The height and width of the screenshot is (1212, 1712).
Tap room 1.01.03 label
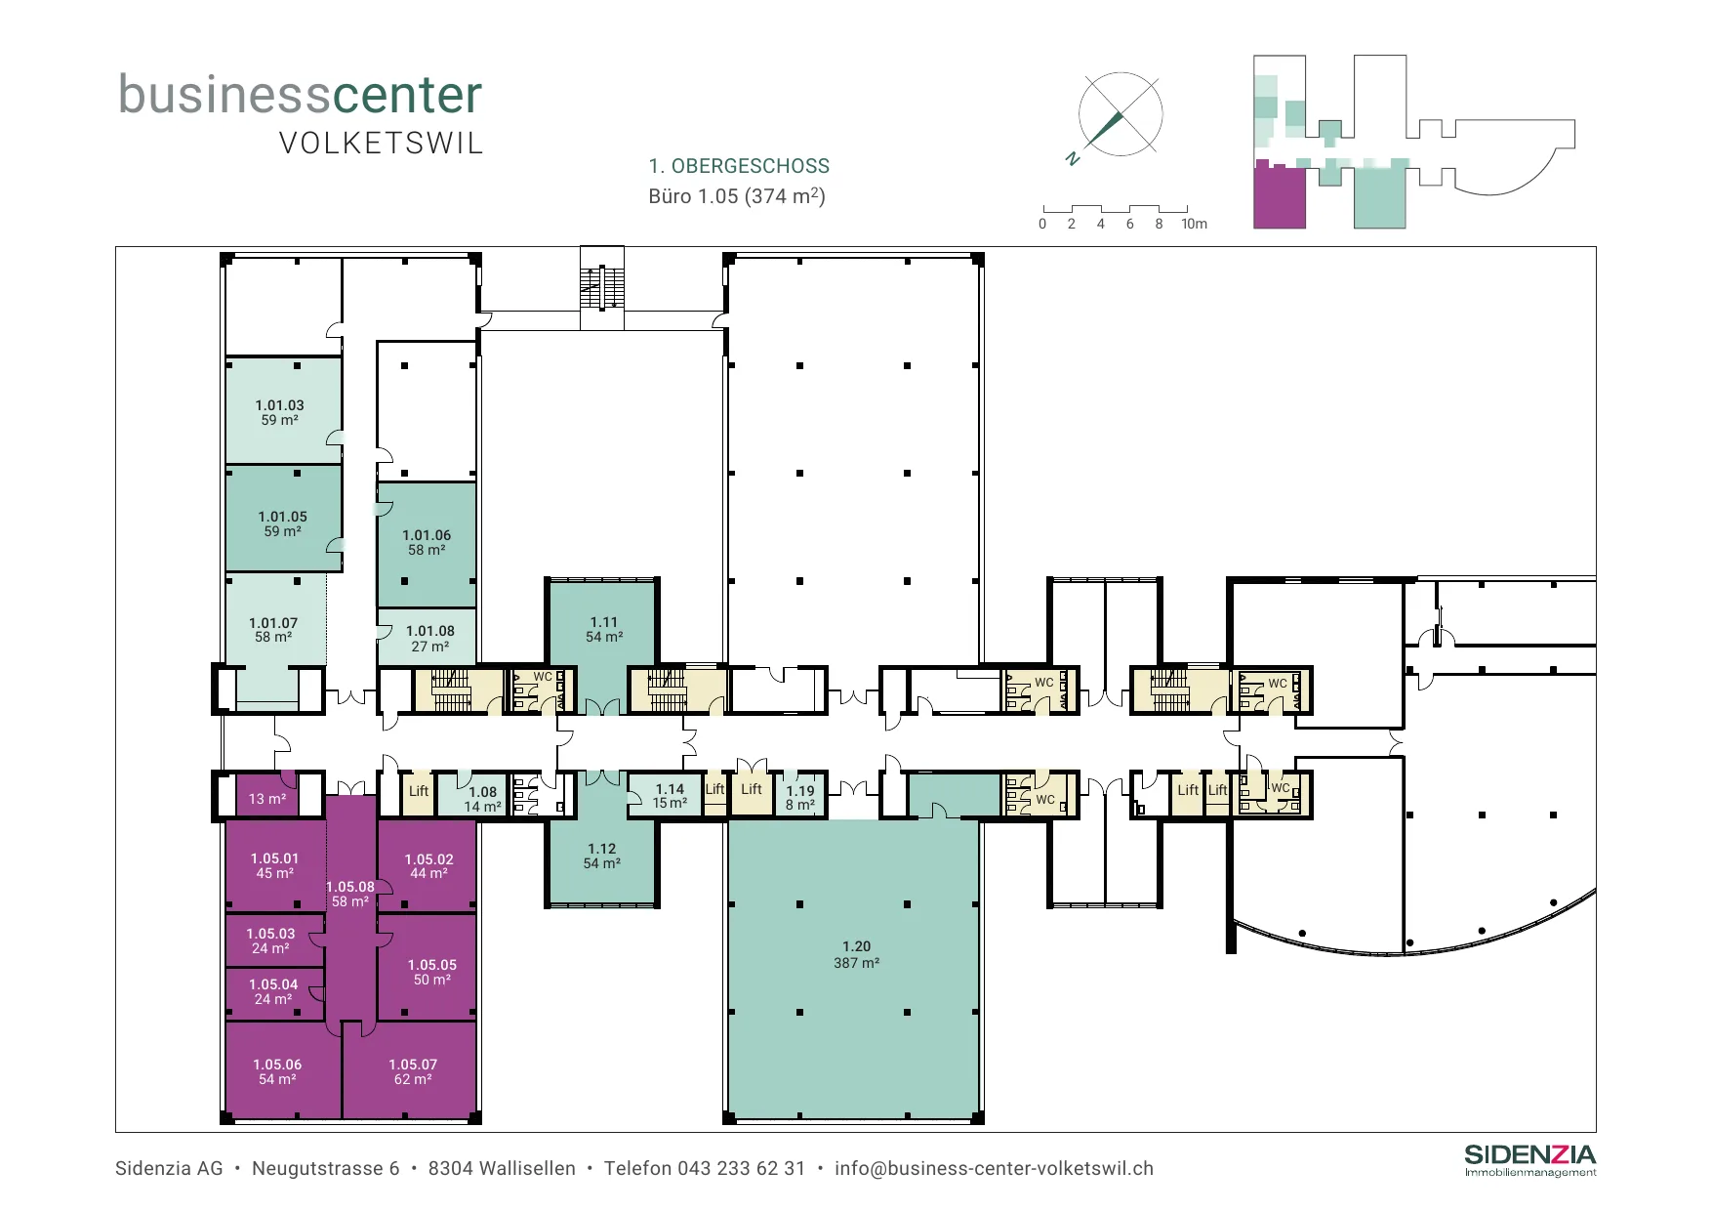point(280,412)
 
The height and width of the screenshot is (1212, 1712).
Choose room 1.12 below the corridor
point(602,857)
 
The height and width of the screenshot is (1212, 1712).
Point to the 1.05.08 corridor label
point(350,894)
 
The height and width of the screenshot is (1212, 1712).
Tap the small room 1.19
point(800,796)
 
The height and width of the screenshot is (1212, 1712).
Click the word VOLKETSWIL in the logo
point(381,144)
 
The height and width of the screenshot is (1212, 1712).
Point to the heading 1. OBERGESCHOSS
point(739,166)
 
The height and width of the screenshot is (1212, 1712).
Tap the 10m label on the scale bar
point(1194,224)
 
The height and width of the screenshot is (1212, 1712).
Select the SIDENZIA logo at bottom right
point(1530,1160)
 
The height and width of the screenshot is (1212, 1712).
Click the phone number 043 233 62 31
point(742,1168)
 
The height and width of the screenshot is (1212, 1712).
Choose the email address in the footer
point(994,1168)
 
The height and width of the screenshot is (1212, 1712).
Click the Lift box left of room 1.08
point(419,794)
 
